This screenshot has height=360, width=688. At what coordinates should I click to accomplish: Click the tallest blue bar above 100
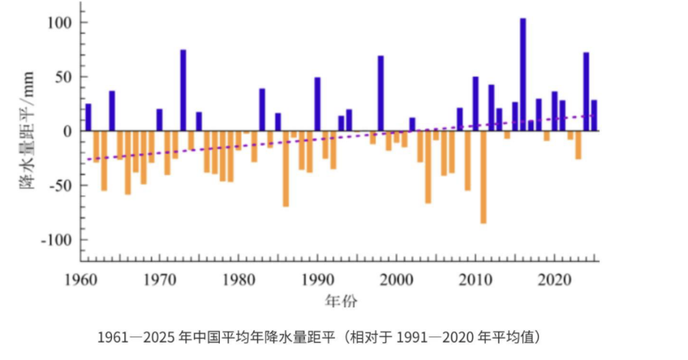(523, 74)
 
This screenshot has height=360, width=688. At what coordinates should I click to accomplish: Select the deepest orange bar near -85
(483, 177)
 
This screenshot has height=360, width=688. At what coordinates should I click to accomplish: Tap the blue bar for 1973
(183, 90)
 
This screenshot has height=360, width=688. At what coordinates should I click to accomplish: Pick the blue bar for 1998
(381, 93)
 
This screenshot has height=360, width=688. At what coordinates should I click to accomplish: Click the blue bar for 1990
(317, 104)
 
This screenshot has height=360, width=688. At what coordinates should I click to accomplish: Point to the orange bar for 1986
(286, 169)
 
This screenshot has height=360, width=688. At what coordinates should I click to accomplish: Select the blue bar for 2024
(586, 92)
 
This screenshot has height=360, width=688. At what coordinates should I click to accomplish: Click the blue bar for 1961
(88, 117)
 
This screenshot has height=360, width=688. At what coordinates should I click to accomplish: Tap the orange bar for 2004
(428, 167)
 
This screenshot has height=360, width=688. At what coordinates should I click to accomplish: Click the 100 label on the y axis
(59, 23)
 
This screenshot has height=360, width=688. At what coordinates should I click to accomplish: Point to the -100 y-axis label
(56, 241)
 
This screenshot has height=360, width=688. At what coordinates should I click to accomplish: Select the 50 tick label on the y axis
(63, 77)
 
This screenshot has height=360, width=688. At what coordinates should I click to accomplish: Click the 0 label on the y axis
(67, 131)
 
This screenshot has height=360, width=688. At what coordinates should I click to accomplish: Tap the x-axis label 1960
(80, 280)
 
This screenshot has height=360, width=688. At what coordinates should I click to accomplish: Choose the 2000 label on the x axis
(397, 280)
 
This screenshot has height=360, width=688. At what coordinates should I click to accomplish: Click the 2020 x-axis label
(555, 280)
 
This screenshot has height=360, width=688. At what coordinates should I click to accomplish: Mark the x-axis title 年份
(341, 301)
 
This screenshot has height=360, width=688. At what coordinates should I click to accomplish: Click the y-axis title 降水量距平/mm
(27, 130)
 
